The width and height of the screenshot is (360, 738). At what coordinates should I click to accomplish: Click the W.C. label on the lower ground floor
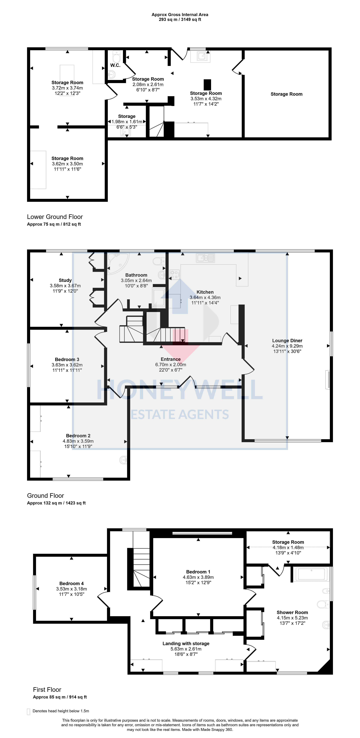[x=115, y=65]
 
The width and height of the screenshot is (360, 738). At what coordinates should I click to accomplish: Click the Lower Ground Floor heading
[x=55, y=217]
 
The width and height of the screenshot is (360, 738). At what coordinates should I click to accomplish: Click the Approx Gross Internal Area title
[x=180, y=15]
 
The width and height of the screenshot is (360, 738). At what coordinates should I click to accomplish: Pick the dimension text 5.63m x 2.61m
[x=186, y=649]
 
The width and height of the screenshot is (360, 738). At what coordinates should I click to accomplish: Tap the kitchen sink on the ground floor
[x=205, y=258]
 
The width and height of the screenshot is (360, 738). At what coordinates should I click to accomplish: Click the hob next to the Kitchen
[x=174, y=275]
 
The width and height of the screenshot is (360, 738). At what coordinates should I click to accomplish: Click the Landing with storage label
[x=186, y=643]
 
